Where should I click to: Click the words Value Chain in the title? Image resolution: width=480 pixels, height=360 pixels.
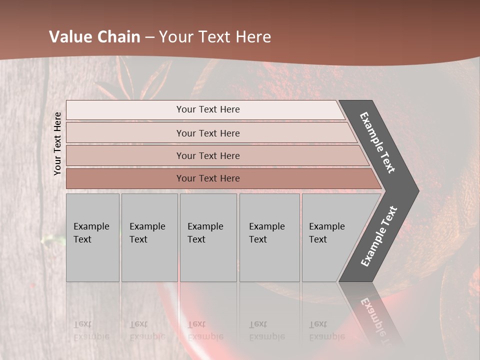pyautogui.click(x=94, y=37)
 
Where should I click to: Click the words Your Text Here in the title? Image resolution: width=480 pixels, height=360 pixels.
pyautogui.click(x=215, y=37)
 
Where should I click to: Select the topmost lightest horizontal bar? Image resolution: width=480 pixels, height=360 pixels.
pyautogui.click(x=125, y=110)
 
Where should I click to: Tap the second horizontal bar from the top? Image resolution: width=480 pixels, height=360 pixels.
pyautogui.click(x=125, y=133)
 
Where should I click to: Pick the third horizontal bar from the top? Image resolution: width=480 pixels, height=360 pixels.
pyautogui.click(x=125, y=155)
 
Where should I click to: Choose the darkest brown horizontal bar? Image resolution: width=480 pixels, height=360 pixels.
pyautogui.click(x=125, y=178)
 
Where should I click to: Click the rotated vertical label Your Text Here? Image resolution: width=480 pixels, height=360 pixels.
pyautogui.click(x=58, y=143)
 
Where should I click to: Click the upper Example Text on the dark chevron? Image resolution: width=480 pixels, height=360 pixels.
pyautogui.click(x=377, y=142)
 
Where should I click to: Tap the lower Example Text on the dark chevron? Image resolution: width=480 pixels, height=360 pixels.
pyautogui.click(x=379, y=236)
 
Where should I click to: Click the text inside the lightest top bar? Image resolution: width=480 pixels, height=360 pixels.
pyautogui.click(x=208, y=109)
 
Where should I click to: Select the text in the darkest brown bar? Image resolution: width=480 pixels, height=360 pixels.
pyautogui.click(x=208, y=178)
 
